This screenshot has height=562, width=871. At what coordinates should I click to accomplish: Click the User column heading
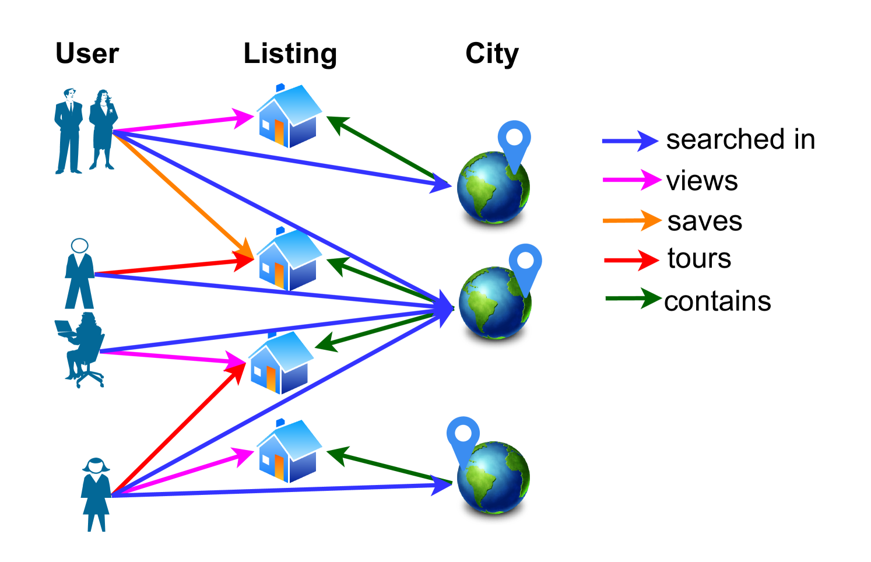pyautogui.click(x=87, y=54)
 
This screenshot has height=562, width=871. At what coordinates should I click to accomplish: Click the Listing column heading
pyautogui.click(x=290, y=54)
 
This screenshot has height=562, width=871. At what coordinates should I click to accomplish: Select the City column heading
pyautogui.click(x=491, y=54)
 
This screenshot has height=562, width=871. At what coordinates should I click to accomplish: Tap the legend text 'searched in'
pyautogui.click(x=740, y=140)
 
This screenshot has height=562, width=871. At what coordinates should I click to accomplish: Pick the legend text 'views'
pyautogui.click(x=702, y=181)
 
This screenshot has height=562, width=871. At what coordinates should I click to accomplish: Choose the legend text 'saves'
pyautogui.click(x=705, y=222)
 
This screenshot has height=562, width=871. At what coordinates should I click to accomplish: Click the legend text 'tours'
pyautogui.click(x=699, y=258)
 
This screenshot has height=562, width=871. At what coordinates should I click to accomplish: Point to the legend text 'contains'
pyautogui.click(x=718, y=301)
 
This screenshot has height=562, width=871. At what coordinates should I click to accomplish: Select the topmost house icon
pyautogui.click(x=289, y=116)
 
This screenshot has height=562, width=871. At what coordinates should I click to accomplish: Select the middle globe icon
pyautogui.click(x=494, y=303)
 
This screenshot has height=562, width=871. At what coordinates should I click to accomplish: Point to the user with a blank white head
pyautogui.click(x=80, y=274)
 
